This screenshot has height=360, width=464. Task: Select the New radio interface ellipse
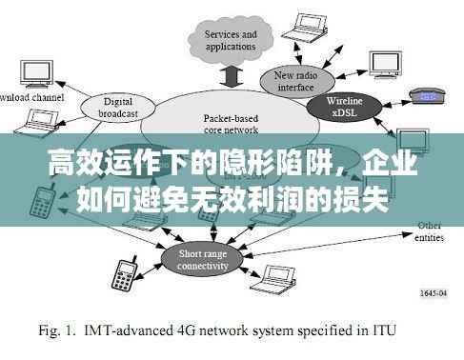pos(296,82)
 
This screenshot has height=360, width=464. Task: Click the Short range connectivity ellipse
pos(204,260)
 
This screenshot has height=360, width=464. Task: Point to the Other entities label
pos(430,230)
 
